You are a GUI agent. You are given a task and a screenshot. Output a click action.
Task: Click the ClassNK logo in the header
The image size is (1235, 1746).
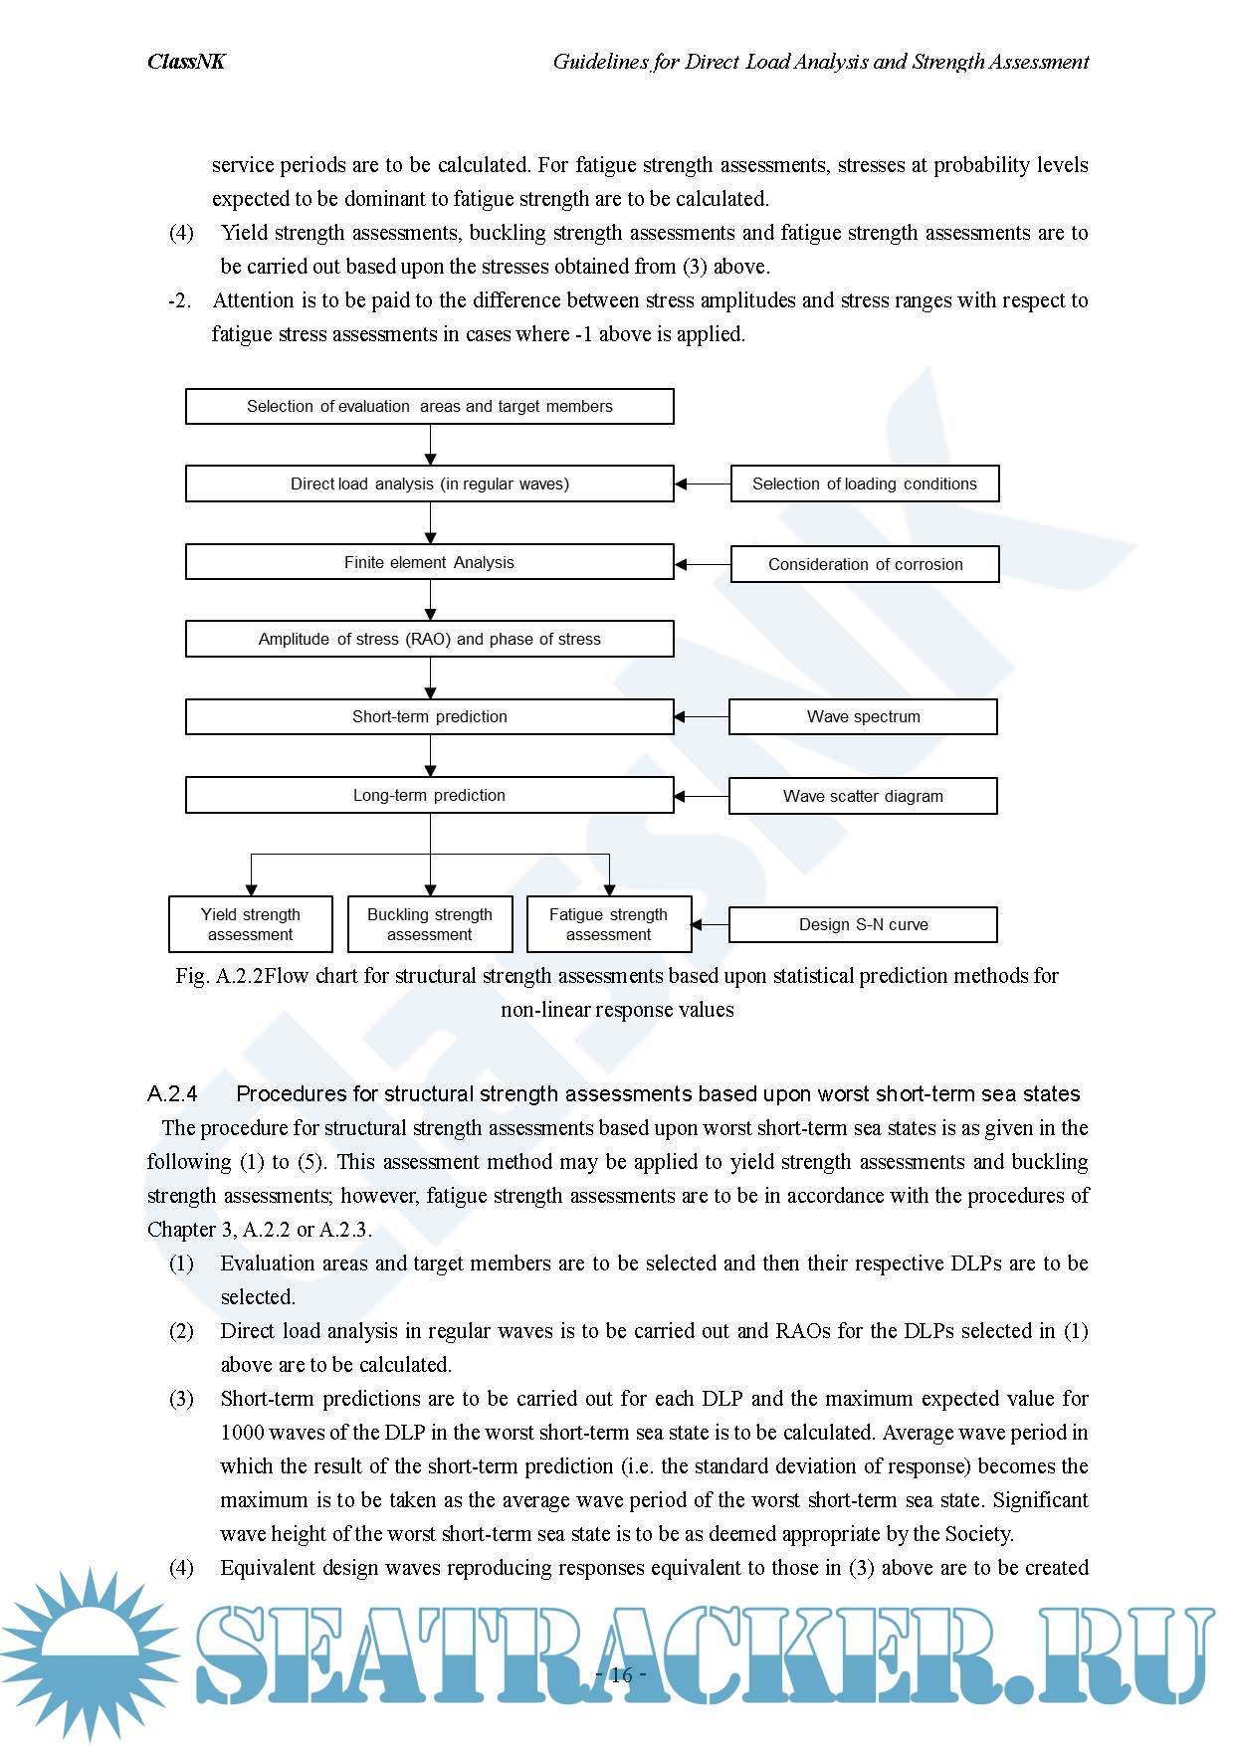[x=186, y=62]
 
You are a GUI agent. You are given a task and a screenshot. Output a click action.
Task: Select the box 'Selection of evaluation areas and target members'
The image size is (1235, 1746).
[x=429, y=406]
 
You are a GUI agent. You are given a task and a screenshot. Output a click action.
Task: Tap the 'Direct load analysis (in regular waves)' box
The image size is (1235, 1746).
[x=429, y=484]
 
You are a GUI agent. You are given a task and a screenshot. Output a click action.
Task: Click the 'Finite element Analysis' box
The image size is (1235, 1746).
[x=429, y=562]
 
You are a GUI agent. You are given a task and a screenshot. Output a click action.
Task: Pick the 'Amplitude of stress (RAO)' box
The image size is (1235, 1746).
[x=429, y=639]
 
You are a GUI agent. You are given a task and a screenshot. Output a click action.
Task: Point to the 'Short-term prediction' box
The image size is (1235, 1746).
[x=429, y=716]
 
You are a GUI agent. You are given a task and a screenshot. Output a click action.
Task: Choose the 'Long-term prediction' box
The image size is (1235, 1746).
[x=429, y=795]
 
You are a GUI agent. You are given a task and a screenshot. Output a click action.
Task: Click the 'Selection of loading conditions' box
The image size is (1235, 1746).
[x=864, y=484]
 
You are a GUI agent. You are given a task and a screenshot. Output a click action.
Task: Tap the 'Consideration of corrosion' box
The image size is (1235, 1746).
[x=864, y=564]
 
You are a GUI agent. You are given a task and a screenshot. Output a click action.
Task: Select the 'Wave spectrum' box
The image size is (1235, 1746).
[x=863, y=716]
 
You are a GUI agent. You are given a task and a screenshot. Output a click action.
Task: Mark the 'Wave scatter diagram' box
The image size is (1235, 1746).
[x=863, y=796]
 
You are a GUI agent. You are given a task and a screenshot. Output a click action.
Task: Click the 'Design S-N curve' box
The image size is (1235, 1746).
[x=863, y=924]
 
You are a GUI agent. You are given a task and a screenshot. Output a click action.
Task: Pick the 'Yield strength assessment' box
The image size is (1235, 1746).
[x=250, y=924]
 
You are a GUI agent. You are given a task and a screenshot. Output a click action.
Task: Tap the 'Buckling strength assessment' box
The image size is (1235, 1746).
[x=429, y=924]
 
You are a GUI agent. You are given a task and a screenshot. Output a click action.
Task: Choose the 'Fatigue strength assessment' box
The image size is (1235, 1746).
[x=608, y=924]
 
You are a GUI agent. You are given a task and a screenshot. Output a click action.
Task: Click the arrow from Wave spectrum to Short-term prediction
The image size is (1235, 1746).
[x=702, y=716]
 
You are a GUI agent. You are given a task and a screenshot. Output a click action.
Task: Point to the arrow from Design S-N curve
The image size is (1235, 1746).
[x=711, y=924]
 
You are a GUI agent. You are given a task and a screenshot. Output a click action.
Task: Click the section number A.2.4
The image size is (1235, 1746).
[x=172, y=1093]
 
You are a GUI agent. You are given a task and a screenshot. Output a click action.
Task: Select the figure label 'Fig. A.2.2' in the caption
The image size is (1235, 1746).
[x=219, y=976]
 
